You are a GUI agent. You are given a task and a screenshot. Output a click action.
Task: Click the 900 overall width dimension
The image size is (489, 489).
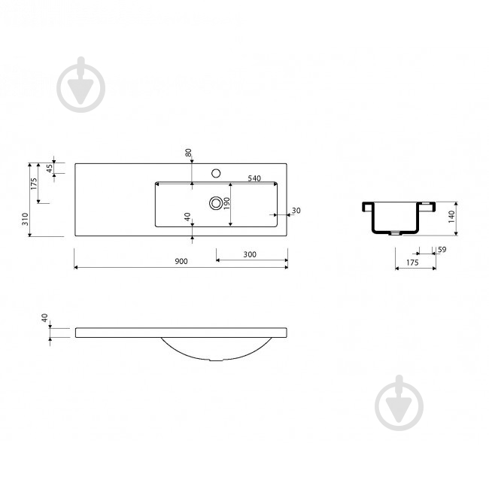[181, 261]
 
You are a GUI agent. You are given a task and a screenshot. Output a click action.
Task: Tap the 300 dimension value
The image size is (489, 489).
[250, 254]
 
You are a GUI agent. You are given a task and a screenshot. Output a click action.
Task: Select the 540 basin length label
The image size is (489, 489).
[254, 178]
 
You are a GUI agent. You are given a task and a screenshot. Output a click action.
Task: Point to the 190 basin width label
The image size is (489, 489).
[226, 203]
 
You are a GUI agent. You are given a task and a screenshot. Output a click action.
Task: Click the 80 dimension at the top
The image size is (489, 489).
[188, 153]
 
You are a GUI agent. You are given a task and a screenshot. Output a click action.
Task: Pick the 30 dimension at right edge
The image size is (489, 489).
[296, 211]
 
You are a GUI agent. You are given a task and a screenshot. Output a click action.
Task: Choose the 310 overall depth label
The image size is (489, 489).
[25, 219]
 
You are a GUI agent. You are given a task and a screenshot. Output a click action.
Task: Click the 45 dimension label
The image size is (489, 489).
[49, 169]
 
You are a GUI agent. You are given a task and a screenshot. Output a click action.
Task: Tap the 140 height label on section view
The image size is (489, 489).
[451, 217]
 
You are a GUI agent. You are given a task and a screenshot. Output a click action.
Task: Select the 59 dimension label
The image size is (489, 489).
[442, 250]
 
